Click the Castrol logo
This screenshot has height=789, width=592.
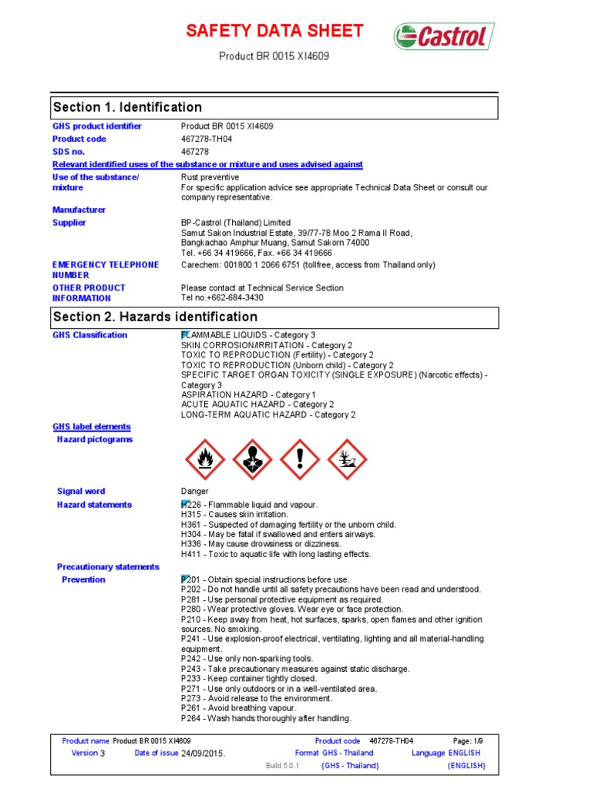[x=444, y=36]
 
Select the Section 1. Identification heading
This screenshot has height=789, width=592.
[x=127, y=107]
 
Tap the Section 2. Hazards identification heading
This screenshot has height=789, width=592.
[x=155, y=317]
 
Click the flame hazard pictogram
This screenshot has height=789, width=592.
[x=204, y=460]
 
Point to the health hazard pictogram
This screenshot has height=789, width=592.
[x=252, y=460]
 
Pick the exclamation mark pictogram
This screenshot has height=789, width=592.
[x=300, y=460]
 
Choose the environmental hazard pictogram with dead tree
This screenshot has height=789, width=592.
[x=348, y=460]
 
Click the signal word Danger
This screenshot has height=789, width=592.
[x=194, y=491]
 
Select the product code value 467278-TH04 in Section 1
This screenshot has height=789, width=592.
[x=207, y=139]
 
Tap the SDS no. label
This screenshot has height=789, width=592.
[x=69, y=152]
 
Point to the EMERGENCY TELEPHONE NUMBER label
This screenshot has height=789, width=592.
[x=105, y=270]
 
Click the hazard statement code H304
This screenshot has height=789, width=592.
[x=190, y=534]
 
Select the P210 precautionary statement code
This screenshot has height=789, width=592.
[x=190, y=619]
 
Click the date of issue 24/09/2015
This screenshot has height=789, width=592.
[x=203, y=753]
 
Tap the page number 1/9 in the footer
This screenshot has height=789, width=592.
[x=476, y=740]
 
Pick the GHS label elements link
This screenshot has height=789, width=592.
[x=91, y=426]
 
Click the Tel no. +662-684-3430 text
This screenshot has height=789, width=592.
[x=222, y=297]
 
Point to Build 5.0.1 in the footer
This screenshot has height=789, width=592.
[x=281, y=765]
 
